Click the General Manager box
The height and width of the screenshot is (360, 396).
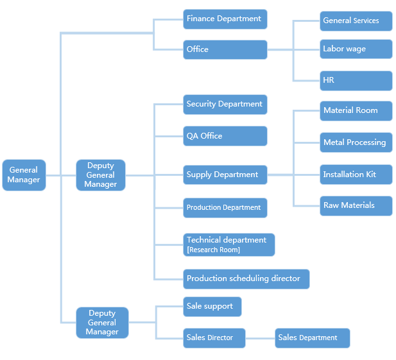click(x=24, y=175)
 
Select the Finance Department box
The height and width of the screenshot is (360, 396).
click(x=225, y=19)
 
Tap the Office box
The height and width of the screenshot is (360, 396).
click(x=225, y=49)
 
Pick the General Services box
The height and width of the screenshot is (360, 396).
click(x=356, y=21)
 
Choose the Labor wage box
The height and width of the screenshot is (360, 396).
click(x=356, y=49)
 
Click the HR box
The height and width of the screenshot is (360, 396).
click(x=356, y=80)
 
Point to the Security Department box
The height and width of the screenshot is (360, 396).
click(x=225, y=104)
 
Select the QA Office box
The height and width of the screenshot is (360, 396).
click(x=225, y=136)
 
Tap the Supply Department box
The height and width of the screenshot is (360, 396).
click(x=225, y=175)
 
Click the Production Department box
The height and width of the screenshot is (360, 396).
click(x=225, y=208)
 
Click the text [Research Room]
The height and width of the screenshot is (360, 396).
click(x=213, y=250)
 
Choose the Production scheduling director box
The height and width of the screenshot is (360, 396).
click(x=246, y=279)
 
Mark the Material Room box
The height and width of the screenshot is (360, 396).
click(x=356, y=110)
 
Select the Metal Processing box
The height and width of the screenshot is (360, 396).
click(x=356, y=142)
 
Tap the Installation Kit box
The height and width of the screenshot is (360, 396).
click(x=356, y=175)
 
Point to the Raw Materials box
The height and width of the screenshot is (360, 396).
click(x=356, y=205)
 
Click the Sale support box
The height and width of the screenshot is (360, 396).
click(x=212, y=307)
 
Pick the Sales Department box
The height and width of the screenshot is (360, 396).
click(x=313, y=338)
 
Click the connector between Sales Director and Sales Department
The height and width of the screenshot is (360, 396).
click(x=260, y=338)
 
